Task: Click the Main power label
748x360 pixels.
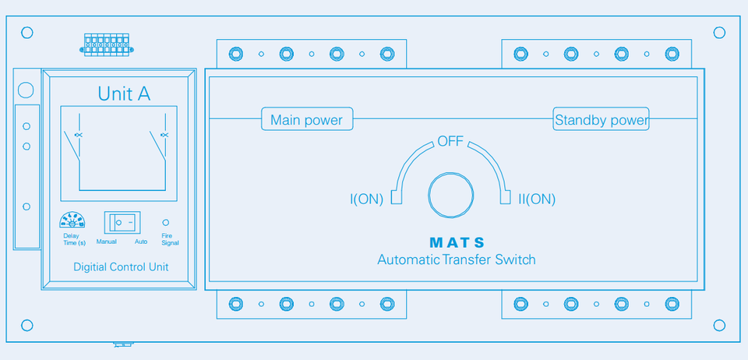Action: click(306, 120)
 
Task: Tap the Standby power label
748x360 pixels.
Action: click(601, 120)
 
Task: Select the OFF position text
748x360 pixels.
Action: click(450, 141)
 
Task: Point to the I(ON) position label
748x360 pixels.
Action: click(366, 199)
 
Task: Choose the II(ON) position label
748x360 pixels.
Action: click(537, 199)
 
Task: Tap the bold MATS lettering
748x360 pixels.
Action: click(457, 242)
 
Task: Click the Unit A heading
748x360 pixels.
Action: click(124, 94)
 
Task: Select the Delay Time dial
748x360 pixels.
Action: click(72, 221)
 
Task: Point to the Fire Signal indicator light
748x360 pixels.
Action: click(165, 222)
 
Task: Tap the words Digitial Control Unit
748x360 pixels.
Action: click(121, 266)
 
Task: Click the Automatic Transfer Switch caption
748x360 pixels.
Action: click(457, 259)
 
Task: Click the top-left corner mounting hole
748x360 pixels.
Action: click(27, 33)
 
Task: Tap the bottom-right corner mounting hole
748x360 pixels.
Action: click(719, 325)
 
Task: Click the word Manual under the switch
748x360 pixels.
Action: click(107, 242)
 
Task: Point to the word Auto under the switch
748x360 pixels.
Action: click(140, 242)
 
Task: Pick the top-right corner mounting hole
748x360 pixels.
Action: click(719, 33)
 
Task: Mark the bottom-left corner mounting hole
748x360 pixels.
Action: click(27, 325)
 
